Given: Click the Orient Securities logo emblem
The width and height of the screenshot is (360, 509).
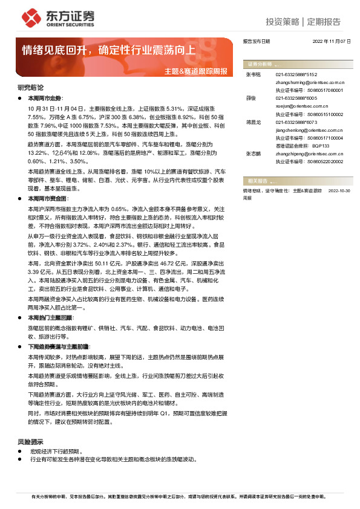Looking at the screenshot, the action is (28, 16).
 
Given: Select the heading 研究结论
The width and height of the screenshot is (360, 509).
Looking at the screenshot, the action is (31, 88).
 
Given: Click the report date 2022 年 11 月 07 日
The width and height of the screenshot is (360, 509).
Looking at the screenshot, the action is (332, 41).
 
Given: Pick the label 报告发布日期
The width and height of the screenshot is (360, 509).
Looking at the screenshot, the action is (256, 41).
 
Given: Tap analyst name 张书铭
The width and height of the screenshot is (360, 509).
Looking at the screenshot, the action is (253, 74).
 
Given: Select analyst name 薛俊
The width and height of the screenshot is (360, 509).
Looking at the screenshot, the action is (250, 97).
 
